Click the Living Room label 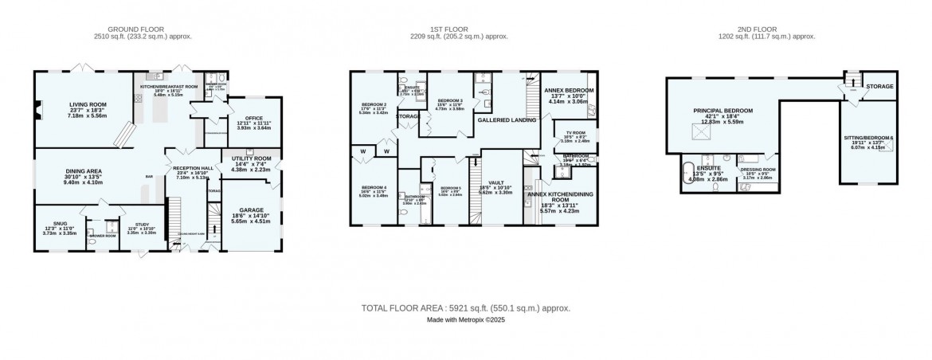(88, 104)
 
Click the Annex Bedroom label (569, 90)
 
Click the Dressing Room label (758, 169)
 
